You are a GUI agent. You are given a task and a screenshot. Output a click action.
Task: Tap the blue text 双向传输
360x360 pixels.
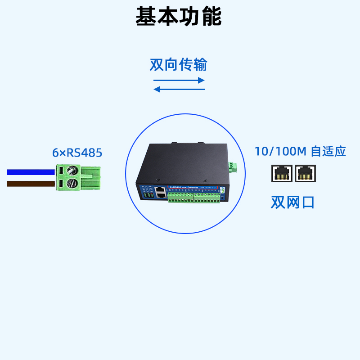(178, 65)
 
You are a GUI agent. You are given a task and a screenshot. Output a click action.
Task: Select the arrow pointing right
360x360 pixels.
(179, 81)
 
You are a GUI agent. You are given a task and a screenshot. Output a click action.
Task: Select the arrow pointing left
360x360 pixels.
(179, 89)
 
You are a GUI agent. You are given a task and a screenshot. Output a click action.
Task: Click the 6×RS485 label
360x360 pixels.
(77, 153)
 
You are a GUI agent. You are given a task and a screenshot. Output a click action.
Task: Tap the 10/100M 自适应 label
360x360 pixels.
(300, 151)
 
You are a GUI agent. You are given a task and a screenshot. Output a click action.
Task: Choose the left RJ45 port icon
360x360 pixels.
(282, 173)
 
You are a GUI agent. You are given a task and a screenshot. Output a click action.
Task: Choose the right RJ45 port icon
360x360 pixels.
(306, 173)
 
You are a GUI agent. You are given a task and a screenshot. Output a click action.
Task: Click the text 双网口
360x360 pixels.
(292, 202)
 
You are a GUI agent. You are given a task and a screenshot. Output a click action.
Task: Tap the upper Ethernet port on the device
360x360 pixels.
(160, 190)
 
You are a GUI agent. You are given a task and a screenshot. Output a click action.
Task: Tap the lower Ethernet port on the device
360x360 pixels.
(160, 196)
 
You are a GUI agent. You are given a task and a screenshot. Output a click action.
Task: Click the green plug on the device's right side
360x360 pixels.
(233, 166)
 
